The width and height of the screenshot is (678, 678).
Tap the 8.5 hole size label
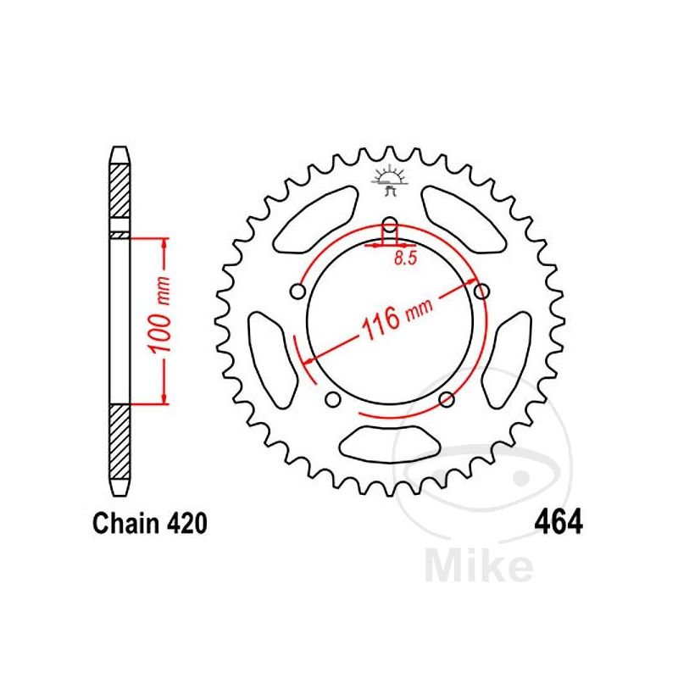pos(405,260)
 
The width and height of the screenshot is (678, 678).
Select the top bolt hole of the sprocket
pos(390,226)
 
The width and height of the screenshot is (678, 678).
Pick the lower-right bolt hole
pos(448,399)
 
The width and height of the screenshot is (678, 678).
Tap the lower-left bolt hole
pos(332,399)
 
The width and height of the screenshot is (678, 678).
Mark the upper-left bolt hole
pos(297,292)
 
